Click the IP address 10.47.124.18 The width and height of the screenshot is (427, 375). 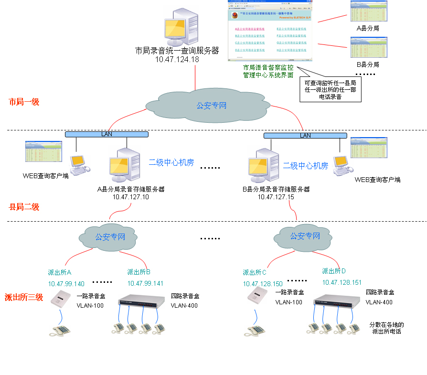click(177, 59)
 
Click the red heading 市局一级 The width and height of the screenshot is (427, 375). click(24, 102)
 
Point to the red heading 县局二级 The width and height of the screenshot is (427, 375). click(24, 207)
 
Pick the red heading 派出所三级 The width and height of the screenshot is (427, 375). click(24, 297)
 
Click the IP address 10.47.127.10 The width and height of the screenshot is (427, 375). click(131, 196)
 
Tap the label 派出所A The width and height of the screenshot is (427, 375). click(60, 272)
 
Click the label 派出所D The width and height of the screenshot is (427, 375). click(334, 271)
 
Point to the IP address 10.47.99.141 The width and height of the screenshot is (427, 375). click(146, 283)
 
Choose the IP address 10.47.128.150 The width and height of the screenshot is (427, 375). click(263, 284)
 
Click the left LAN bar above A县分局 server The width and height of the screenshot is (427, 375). click(107, 134)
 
